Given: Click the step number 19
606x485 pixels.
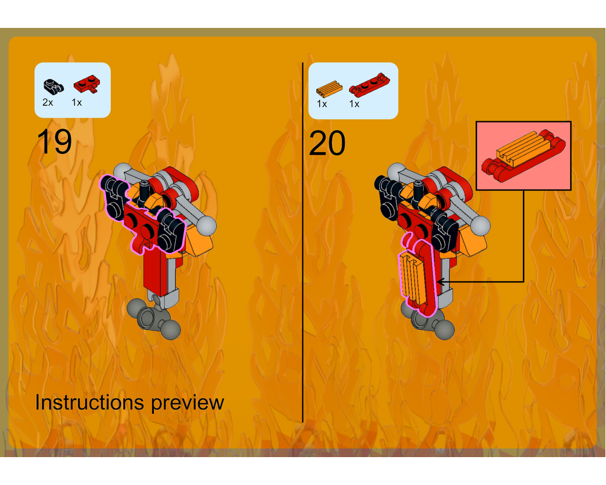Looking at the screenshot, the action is pos(55,142).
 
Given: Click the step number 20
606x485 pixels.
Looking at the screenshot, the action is pos(327,143).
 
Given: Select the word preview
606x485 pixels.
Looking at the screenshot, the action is pos(187,404).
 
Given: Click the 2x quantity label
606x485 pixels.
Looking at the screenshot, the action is pos(47,102).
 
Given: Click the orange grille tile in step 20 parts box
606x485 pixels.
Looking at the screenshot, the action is pos(329,89).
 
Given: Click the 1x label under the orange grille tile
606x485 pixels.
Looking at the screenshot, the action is pos(322,104).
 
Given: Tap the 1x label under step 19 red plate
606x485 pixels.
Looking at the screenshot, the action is pos(76,102).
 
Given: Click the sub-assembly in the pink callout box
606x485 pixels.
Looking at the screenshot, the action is pos(524,155).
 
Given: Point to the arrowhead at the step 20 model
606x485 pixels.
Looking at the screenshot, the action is pos(439,281).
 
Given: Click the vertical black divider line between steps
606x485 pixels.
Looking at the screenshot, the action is pos(302,242).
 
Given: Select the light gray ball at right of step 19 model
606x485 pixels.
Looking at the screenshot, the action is pos(207,226).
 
